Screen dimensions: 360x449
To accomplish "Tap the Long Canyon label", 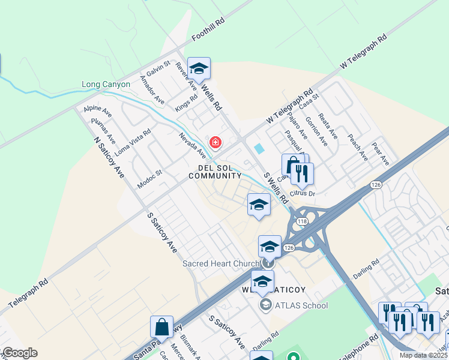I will coord(106,85).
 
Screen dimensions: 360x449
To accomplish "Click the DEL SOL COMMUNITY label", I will coord(215,172).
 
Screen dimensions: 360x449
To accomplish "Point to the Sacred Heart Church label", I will coord(221,263).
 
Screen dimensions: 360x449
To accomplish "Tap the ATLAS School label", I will coord(301,305).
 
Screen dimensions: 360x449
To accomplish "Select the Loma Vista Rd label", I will coord(133,142).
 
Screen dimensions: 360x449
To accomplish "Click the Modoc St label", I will coord(149,179).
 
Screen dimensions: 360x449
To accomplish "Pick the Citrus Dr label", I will coord(303,193).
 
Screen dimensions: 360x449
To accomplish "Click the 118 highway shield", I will coord(302,221).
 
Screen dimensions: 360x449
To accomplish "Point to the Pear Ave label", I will coord(381,154).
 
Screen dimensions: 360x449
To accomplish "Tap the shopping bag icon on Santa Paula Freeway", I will coord(161,327).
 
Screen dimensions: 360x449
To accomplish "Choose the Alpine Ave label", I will coord(98,111).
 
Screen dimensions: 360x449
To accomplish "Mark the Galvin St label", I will coord(158,69).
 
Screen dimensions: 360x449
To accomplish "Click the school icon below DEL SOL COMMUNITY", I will coord(259,205).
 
